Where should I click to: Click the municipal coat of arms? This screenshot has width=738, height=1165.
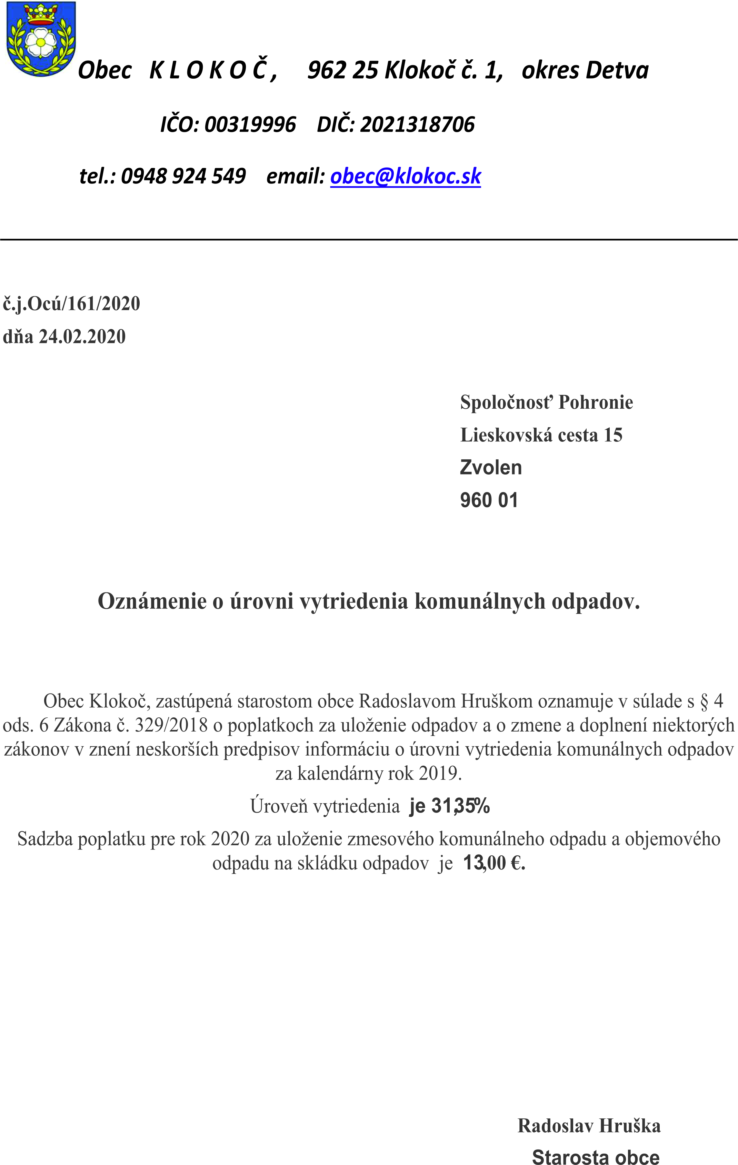41,39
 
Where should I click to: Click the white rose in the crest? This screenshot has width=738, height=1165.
41,42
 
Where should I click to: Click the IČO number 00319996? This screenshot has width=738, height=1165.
250,125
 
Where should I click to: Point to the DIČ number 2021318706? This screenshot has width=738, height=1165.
417,125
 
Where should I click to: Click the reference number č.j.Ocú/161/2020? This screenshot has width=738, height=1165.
72,304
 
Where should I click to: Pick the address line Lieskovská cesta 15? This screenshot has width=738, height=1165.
541,435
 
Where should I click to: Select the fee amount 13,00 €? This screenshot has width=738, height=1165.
493,863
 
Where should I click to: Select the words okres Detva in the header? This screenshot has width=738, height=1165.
585,70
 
